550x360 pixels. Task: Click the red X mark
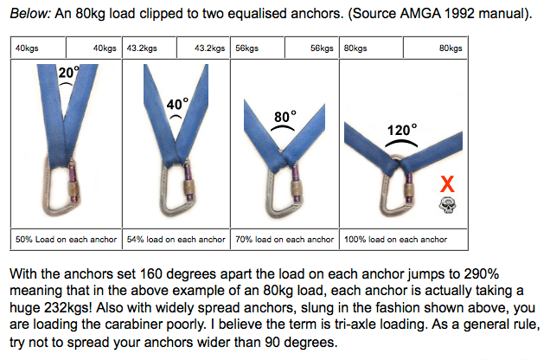point(447,183)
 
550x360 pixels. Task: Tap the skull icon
point(448,205)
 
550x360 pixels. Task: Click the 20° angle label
point(68,73)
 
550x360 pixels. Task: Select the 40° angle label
point(177,104)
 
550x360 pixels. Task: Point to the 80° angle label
point(285,117)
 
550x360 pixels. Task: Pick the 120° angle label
point(402,130)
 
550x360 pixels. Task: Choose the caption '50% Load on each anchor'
point(66,240)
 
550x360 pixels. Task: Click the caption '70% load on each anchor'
point(285,240)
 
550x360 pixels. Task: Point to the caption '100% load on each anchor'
point(396,240)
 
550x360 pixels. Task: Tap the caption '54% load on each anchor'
point(176,240)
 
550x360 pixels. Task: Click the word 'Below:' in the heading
point(30,14)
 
